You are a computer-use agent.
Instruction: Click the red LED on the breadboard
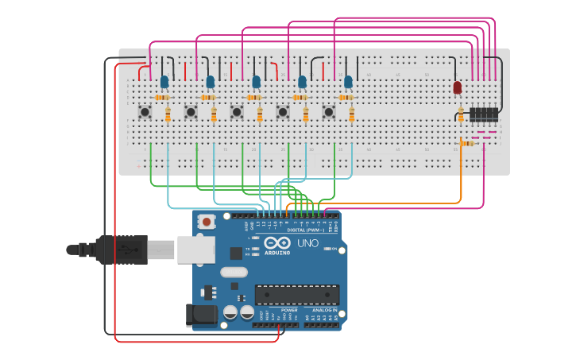(457, 87)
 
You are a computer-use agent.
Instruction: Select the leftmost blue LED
(164, 81)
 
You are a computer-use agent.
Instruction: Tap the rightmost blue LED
(348, 81)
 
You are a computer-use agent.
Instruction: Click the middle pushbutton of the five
(237, 112)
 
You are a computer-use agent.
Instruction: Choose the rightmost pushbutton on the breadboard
(328, 112)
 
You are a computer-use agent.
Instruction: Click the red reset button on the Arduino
(207, 222)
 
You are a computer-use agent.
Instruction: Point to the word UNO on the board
(307, 243)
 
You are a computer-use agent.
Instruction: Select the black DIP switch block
(484, 114)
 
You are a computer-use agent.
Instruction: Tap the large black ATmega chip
(296, 295)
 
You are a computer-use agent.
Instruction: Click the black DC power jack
(202, 314)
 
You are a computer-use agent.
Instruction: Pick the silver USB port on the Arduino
(195, 249)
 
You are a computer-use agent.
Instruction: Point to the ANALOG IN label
(323, 310)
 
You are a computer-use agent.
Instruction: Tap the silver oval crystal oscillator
(234, 273)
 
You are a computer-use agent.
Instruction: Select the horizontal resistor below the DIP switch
(467, 143)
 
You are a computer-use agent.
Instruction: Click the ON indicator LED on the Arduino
(327, 249)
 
